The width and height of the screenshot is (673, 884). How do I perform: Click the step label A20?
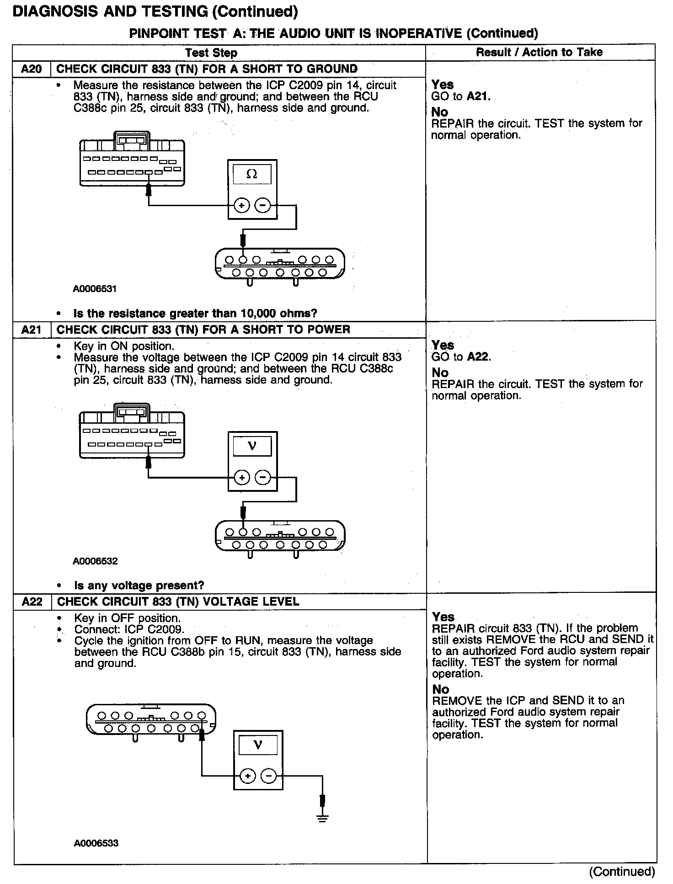coord(32,69)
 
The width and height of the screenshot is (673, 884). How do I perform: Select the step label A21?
coord(32,330)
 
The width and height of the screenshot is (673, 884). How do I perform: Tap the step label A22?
coord(32,602)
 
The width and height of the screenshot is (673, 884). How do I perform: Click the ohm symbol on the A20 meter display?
coord(252,174)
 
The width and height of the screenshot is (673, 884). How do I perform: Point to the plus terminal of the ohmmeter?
coord(241,206)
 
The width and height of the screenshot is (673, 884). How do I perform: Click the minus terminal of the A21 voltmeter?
coord(263,478)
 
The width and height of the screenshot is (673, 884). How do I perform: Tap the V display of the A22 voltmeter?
coord(258,746)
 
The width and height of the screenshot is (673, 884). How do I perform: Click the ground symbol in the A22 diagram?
coord(323,818)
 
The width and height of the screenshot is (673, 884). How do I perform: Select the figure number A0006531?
coord(95,289)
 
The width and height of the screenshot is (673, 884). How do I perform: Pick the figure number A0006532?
coord(95,561)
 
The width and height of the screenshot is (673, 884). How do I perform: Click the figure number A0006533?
coord(96,843)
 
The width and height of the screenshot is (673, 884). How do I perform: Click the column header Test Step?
coord(211,53)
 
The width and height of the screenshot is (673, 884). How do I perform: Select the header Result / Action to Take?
coord(539,52)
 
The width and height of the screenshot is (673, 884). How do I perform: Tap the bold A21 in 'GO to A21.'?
coord(477,96)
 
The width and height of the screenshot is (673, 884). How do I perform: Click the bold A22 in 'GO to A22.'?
coord(478,357)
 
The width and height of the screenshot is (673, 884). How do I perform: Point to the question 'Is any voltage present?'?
coord(139,586)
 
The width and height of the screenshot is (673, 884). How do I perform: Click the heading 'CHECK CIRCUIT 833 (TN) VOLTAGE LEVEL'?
coord(178,602)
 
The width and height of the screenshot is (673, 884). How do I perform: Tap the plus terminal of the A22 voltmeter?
coord(247,776)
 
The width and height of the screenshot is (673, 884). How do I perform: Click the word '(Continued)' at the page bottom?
coord(622,872)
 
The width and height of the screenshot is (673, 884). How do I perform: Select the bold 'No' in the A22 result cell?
coord(440,689)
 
